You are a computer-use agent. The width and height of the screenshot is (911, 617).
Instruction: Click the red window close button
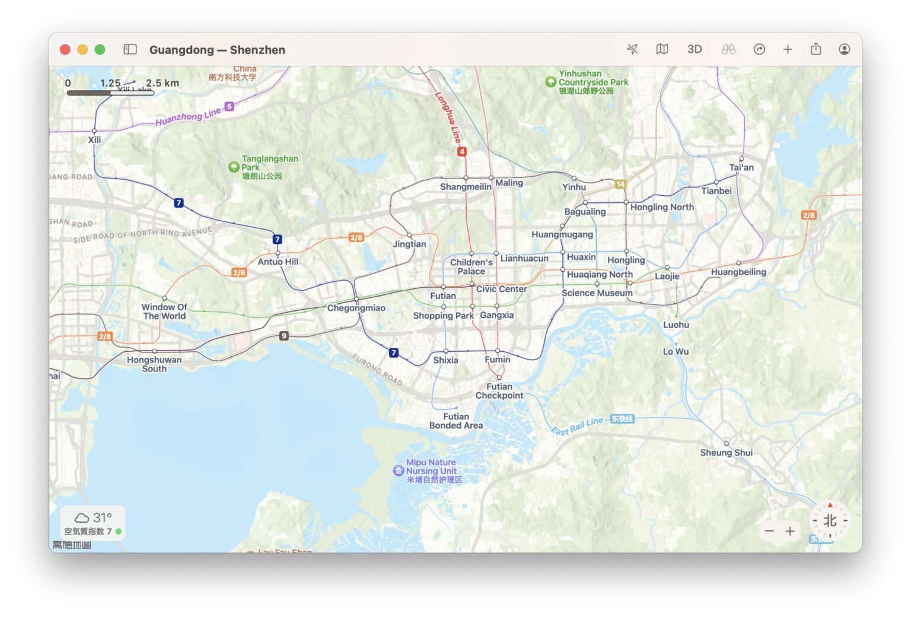(65, 50)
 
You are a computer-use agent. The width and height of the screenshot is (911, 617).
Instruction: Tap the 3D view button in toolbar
(695, 49)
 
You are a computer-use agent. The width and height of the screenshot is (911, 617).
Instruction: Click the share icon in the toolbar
(816, 49)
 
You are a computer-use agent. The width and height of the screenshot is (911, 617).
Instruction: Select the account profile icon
(845, 49)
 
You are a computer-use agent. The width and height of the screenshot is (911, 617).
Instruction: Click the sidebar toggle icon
(130, 49)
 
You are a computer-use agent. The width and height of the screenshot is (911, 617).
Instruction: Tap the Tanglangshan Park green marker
(234, 167)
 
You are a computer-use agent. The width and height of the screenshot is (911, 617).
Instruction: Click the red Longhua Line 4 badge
(461, 152)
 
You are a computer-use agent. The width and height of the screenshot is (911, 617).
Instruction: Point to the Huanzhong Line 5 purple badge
(229, 107)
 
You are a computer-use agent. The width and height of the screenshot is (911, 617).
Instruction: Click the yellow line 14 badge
(620, 184)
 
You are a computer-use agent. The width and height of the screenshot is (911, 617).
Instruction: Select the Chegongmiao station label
(356, 308)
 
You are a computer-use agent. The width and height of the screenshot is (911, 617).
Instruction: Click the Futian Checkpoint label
(499, 391)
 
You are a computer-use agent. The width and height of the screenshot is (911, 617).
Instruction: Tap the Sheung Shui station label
(726, 453)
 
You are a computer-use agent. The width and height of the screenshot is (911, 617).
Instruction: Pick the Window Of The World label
(164, 311)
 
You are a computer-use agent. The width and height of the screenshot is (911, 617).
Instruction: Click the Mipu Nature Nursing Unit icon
(399, 470)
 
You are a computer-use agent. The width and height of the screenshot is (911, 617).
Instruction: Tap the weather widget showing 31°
(93, 522)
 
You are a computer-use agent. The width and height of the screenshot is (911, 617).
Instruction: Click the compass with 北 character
(830, 521)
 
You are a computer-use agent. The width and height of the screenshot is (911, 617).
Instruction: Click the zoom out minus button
(769, 531)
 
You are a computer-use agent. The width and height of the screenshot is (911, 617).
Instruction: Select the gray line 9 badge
(284, 336)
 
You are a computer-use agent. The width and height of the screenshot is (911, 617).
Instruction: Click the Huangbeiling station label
(738, 272)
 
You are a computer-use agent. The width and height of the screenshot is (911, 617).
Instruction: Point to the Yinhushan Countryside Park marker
(550, 82)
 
